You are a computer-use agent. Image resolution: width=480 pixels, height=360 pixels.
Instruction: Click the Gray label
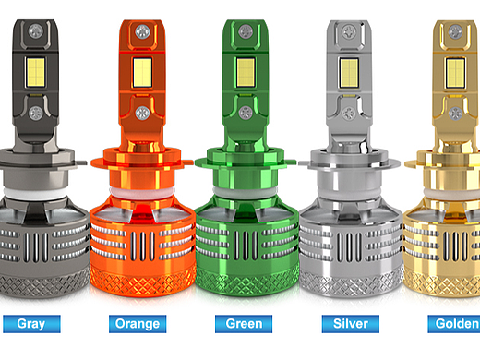(31, 324)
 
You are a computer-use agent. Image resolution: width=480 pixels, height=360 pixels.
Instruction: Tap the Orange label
(138, 324)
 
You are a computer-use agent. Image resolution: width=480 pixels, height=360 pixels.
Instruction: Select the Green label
(244, 324)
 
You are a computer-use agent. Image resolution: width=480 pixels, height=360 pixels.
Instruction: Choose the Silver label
(351, 324)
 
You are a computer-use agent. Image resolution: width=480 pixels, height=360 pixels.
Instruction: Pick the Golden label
(454, 324)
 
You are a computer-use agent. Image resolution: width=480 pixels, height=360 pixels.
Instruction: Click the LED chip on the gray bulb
(36, 72)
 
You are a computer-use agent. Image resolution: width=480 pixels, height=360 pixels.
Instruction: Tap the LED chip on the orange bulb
(142, 73)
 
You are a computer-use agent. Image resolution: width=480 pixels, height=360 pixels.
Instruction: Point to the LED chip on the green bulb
(246, 73)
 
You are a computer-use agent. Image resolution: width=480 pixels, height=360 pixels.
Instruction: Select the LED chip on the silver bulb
(349, 73)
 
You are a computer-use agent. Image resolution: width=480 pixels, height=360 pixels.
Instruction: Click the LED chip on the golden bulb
(455, 73)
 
